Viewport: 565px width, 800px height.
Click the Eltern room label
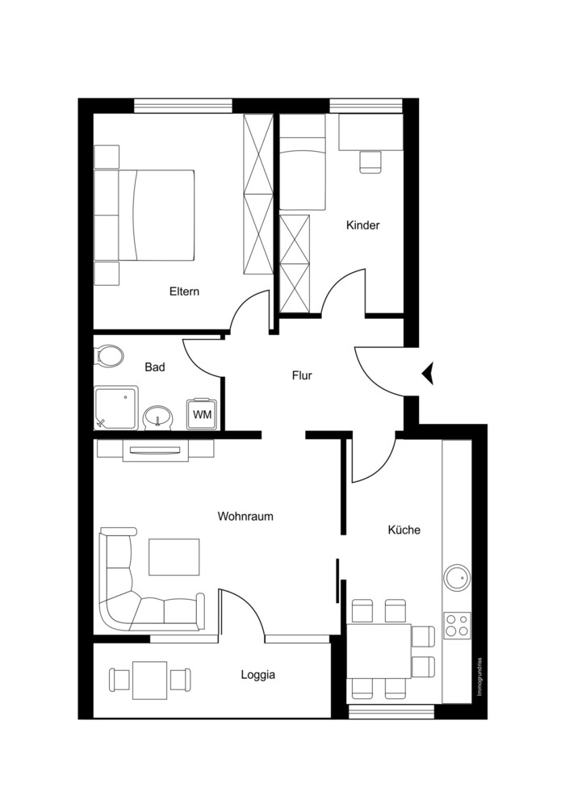(184, 292)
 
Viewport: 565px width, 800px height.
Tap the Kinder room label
(363, 225)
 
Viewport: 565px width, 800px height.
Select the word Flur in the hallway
(302, 376)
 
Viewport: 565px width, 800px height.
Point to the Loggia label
(258, 675)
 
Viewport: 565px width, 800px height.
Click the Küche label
(404, 530)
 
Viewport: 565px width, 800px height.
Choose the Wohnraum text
(245, 517)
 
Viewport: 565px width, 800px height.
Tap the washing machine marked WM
(203, 414)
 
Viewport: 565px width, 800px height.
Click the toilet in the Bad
(109, 356)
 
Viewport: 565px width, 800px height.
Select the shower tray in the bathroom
(116, 408)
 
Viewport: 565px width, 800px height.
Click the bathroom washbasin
(158, 418)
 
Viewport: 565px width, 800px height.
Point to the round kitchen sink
(456, 577)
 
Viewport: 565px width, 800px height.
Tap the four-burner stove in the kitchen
(457, 625)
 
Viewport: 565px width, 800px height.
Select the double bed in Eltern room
(157, 215)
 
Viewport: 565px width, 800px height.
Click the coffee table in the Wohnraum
(174, 557)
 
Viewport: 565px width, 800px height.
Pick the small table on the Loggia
(150, 681)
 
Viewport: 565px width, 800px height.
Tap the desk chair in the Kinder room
(370, 161)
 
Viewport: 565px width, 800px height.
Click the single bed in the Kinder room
(303, 161)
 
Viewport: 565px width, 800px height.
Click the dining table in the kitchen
(379, 651)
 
